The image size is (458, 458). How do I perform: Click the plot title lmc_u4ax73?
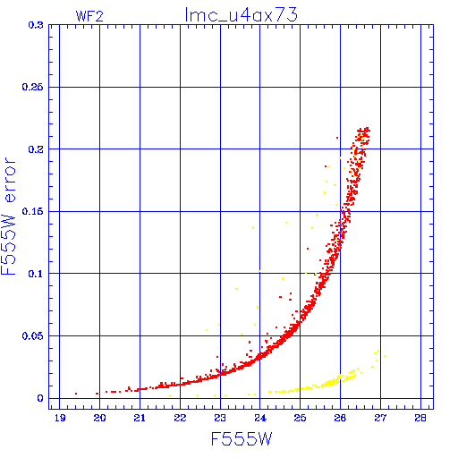click(242, 15)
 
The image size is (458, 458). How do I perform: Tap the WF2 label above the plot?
click(89, 16)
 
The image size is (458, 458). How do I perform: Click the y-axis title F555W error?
click(8, 216)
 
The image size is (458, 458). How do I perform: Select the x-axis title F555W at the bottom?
click(242, 439)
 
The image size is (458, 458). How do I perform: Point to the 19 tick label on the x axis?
click(60, 418)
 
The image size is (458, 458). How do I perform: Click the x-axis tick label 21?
click(140, 418)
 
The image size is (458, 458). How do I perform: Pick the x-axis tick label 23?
click(220, 418)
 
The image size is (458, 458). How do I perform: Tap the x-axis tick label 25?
click(300, 418)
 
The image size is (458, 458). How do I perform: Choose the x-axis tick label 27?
click(380, 418)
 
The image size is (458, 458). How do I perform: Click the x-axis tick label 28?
click(420, 418)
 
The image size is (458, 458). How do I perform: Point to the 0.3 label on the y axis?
click(36, 25)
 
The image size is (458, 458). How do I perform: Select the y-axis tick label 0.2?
click(36, 149)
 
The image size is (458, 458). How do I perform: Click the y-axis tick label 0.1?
click(36, 274)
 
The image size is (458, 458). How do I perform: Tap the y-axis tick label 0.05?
click(32, 336)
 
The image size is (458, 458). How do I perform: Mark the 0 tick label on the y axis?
click(40, 398)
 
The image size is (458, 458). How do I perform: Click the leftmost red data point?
click(76, 394)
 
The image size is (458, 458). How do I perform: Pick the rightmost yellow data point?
click(385, 356)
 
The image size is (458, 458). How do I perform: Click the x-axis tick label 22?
click(180, 418)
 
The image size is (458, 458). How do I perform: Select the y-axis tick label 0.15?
click(32, 211)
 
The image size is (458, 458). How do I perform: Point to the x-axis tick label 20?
click(99, 418)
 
